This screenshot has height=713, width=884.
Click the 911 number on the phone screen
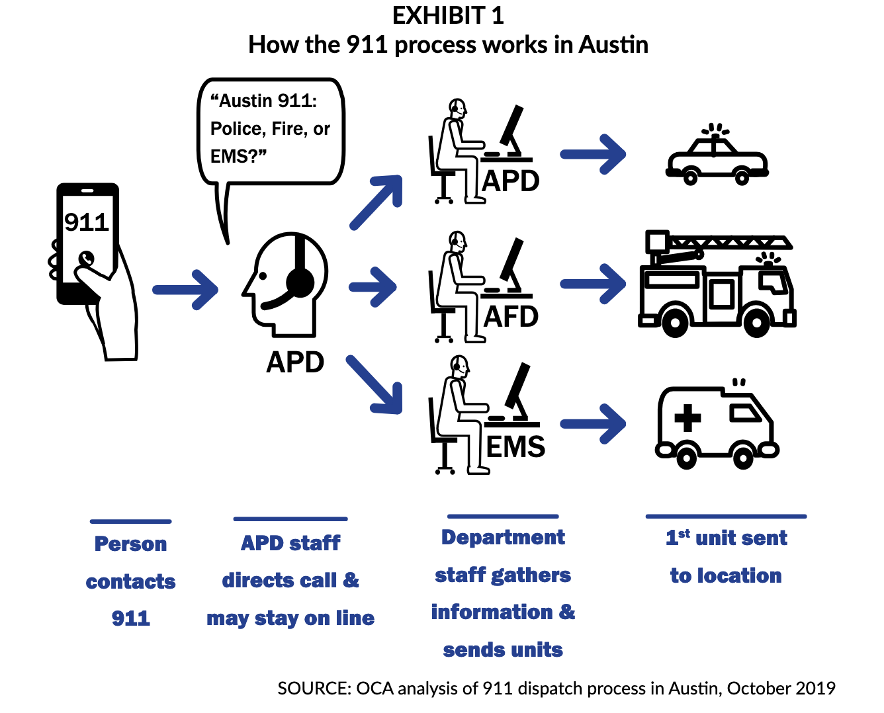(x=87, y=222)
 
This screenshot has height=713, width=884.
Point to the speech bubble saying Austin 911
(x=271, y=130)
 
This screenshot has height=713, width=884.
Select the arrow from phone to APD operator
(x=186, y=290)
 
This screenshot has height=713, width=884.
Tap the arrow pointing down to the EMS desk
(x=375, y=386)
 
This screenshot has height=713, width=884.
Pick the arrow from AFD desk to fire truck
(x=594, y=284)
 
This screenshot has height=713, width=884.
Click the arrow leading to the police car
(x=594, y=154)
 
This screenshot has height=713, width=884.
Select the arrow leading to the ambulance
(x=594, y=423)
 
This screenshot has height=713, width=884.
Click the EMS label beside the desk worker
(x=515, y=447)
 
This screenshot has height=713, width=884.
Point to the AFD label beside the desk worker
(x=511, y=317)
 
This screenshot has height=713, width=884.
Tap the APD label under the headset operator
(x=295, y=362)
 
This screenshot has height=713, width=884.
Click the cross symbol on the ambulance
(x=687, y=418)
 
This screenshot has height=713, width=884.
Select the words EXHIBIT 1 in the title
(x=448, y=16)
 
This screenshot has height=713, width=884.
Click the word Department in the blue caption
(x=503, y=538)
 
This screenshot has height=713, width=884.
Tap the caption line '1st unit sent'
(x=727, y=538)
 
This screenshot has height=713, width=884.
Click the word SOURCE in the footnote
(x=314, y=689)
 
